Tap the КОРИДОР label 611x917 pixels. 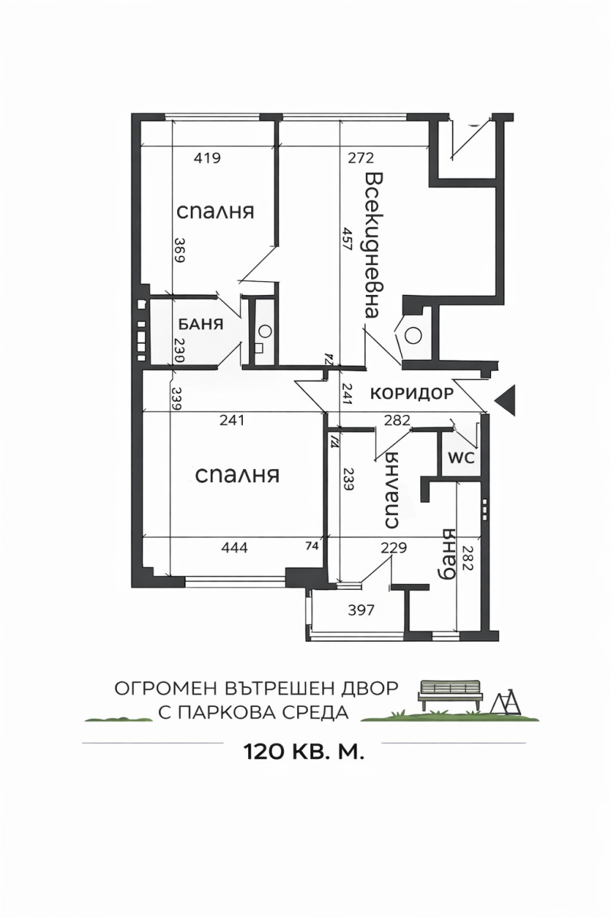tap(412, 394)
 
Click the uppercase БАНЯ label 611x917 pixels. tap(201, 324)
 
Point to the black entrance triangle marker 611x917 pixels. tap(506, 398)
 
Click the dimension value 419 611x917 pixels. tap(207, 159)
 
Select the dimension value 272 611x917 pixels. tap(360, 159)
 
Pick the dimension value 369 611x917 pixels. tap(179, 248)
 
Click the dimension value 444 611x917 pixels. tap(234, 547)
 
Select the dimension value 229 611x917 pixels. tap(394, 547)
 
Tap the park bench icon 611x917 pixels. tap(451, 693)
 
